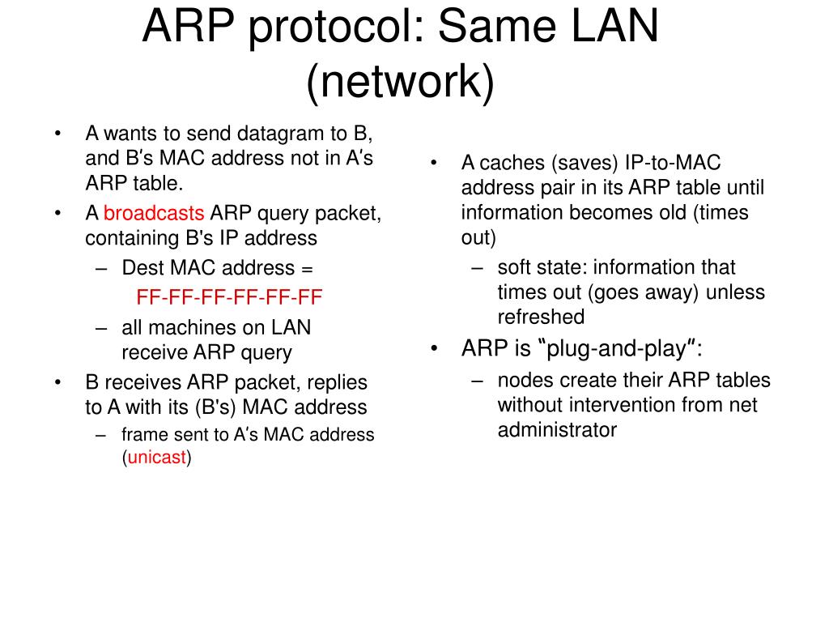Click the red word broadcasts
tap(154, 214)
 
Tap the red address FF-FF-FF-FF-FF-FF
tap(229, 297)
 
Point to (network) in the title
tap(400, 83)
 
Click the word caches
tap(513, 164)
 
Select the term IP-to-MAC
tap(672, 164)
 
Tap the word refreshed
tap(541, 317)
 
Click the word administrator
tap(557, 430)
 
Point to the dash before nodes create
tap(478, 381)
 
